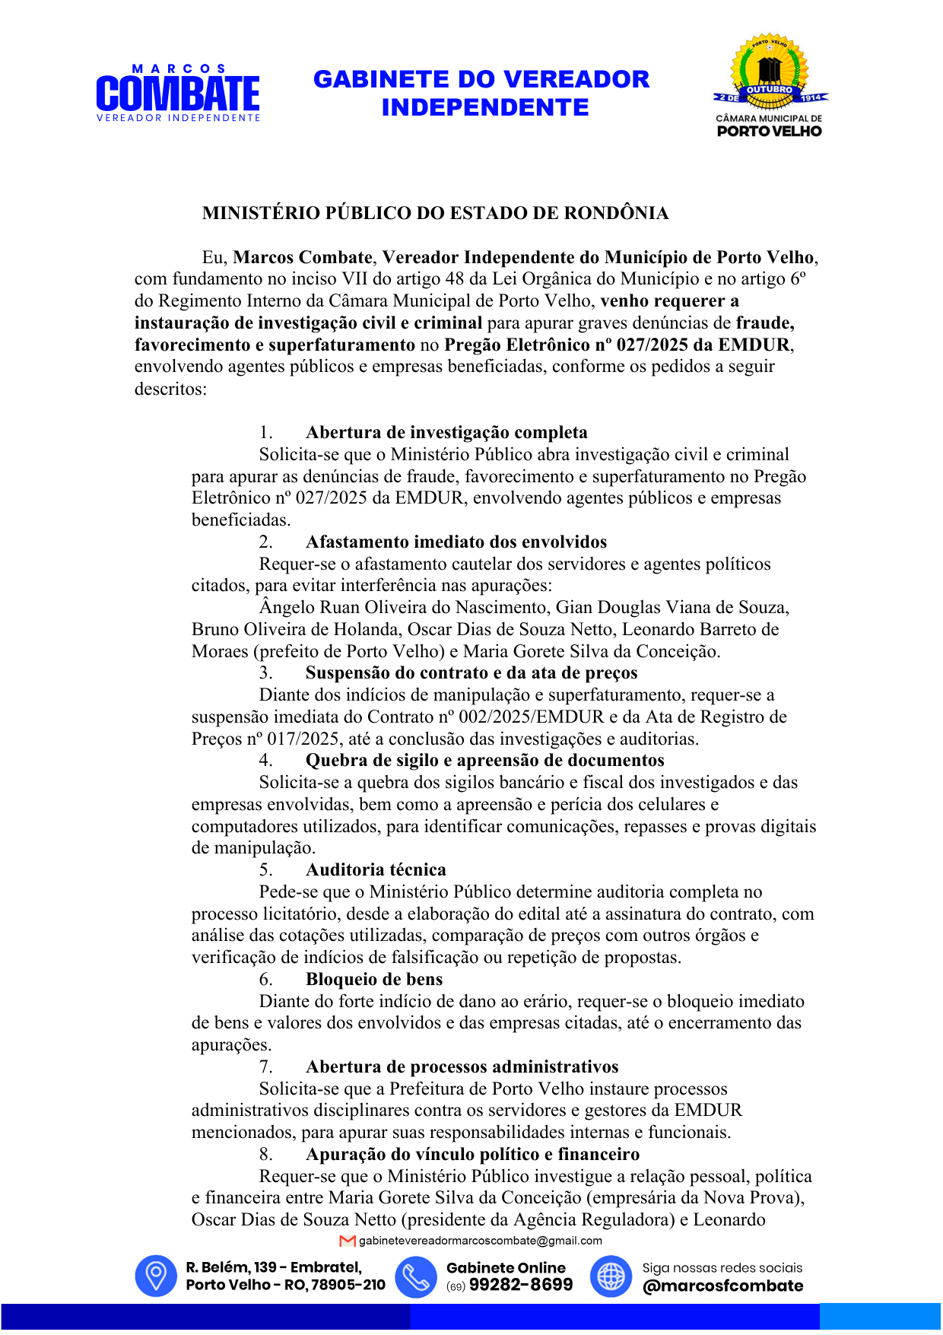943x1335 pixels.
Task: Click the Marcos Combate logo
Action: (178, 94)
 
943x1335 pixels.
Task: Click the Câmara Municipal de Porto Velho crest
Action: (770, 85)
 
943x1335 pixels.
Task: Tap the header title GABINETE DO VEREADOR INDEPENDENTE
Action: (481, 93)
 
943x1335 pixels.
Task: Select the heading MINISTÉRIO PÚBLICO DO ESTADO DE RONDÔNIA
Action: (435, 213)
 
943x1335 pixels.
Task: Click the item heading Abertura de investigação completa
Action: (446, 433)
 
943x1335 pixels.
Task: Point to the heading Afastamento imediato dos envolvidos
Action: (456, 542)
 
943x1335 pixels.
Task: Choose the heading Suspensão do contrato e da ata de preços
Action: (471, 673)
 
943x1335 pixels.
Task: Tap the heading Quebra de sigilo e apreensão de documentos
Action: (484, 761)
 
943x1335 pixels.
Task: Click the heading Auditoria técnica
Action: (376, 870)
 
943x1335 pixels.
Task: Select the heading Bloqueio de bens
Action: (374, 980)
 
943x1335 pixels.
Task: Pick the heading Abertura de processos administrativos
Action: (462, 1067)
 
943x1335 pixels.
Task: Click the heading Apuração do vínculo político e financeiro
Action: (472, 1155)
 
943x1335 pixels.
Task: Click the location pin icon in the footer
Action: (156, 1276)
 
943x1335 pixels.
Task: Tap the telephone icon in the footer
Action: (415, 1276)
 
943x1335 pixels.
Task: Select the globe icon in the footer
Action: (611, 1276)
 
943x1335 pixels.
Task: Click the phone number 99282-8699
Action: (521, 1285)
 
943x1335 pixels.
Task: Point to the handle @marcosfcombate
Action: (722, 1286)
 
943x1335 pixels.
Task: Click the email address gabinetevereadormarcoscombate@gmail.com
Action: (480, 1241)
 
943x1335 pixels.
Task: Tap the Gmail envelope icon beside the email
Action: (348, 1241)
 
